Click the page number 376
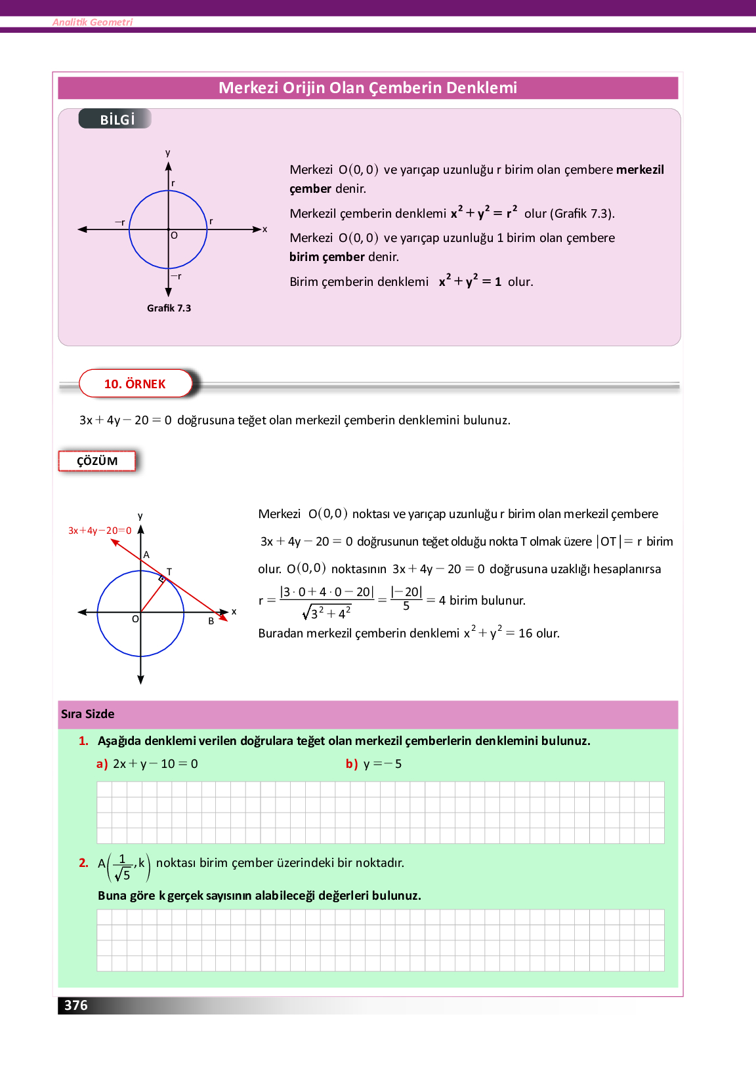76,1005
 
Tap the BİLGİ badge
117,119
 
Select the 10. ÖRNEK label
135,384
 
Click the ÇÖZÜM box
97,461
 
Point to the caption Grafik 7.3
169,308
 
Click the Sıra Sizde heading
88,714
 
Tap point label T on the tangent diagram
169,572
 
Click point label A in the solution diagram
146,555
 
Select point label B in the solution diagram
211,621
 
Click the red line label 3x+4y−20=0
100,531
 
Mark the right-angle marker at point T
161,579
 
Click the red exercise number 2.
83,863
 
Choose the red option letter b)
352,764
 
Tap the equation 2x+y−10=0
156,764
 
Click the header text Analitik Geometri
93,22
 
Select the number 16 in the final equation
526,633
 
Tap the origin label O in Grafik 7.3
174,235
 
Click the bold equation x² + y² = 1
470,281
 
